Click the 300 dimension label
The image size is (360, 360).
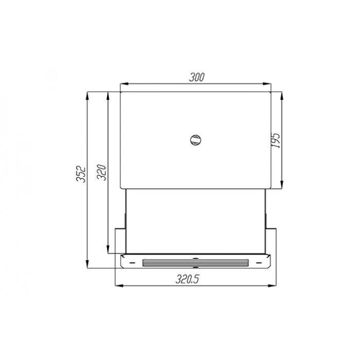pyautogui.click(x=197, y=77)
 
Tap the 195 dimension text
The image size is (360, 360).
pyautogui.click(x=276, y=140)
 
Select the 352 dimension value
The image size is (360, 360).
pyautogui.click(x=81, y=174)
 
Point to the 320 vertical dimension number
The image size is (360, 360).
pyautogui.click(x=101, y=172)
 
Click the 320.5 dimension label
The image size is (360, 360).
pyautogui.click(x=187, y=279)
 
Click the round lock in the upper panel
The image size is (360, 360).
pyautogui.click(x=195, y=140)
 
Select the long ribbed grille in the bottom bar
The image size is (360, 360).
pyautogui.click(x=195, y=263)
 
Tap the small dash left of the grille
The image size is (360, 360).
pyautogui.click(x=132, y=263)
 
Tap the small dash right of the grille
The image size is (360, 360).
pyautogui.click(x=259, y=263)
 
